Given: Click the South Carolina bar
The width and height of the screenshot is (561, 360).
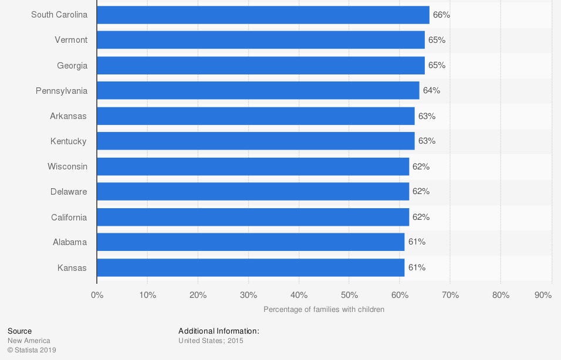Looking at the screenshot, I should click(x=263, y=15).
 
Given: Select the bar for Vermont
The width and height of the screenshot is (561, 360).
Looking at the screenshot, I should click(x=261, y=40).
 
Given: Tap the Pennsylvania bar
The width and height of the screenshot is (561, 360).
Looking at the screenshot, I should click(x=258, y=90).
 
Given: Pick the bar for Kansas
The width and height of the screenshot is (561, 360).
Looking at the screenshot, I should click(x=251, y=267).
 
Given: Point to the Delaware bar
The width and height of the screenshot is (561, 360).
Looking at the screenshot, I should click(x=253, y=191).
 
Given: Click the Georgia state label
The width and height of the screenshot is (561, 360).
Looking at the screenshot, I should click(x=72, y=65).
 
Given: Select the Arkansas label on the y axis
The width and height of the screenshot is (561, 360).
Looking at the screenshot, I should click(x=68, y=116).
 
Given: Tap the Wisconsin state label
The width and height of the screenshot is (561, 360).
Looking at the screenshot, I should click(x=67, y=166).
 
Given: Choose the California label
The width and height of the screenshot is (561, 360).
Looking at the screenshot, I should click(x=69, y=217).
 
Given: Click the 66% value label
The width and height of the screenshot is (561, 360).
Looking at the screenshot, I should click(x=441, y=15).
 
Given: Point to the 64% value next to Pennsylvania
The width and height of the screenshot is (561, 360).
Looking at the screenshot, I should click(x=431, y=90).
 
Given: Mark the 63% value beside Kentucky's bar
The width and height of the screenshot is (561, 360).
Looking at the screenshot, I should click(x=427, y=141).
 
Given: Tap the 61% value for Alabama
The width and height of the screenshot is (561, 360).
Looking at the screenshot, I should click(x=417, y=242).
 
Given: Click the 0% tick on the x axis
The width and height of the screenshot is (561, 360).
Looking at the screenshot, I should click(x=97, y=295).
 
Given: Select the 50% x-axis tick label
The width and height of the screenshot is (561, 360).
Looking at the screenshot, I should click(x=349, y=295).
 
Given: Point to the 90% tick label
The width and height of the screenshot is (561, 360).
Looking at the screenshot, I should click(x=543, y=295).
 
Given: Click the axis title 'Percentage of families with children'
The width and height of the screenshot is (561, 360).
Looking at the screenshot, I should click(x=324, y=309).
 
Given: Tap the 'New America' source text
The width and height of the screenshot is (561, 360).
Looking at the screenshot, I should click(x=29, y=341).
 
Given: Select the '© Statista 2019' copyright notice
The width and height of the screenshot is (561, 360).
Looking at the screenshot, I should click(x=32, y=350).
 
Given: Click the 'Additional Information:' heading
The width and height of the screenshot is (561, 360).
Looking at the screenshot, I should click(x=218, y=331).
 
